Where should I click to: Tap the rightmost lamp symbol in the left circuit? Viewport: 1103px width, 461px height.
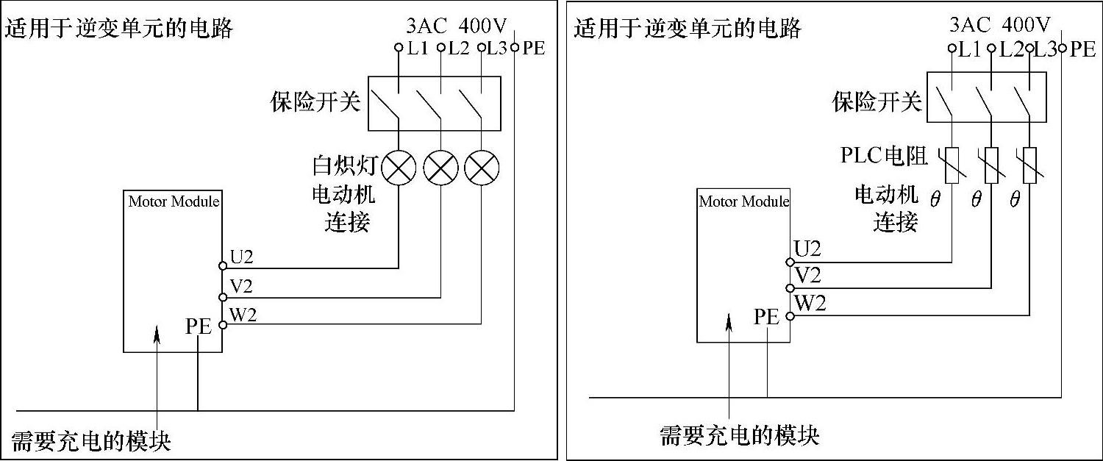tap(482, 168)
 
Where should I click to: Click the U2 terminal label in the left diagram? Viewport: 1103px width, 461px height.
tap(242, 257)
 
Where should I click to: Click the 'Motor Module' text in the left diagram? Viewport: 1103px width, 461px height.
tap(174, 201)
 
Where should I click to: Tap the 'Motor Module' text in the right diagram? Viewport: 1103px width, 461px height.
tap(744, 201)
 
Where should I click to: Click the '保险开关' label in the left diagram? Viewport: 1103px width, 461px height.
tap(315, 102)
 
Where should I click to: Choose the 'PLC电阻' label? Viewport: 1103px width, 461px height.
tap(885, 156)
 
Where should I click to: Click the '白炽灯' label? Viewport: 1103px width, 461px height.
tap(344, 166)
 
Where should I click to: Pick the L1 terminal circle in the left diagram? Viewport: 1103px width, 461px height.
tap(399, 49)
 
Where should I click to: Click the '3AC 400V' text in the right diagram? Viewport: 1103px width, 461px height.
tap(999, 25)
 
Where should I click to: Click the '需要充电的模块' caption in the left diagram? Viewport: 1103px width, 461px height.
tap(91, 441)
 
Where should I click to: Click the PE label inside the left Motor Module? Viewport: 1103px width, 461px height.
tap(199, 326)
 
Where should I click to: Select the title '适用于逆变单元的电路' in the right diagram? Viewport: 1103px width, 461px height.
tap(688, 28)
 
